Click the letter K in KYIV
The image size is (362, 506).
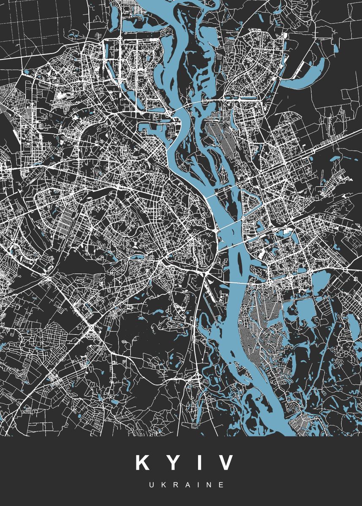[143, 463]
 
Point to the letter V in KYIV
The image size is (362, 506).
[225, 463]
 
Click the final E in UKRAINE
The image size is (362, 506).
[222, 485]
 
